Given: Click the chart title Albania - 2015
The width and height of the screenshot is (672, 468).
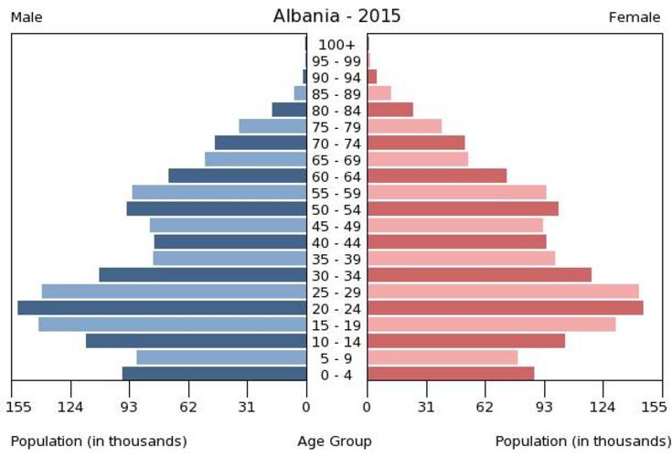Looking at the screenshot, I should click(336, 16).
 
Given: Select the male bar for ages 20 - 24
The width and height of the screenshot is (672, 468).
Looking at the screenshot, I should click(162, 308).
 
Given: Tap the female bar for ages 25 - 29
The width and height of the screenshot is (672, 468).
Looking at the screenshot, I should click(503, 292).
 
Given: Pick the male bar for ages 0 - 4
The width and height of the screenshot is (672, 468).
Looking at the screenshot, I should click(214, 374).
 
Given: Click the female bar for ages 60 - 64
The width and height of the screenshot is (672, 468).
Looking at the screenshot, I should click(437, 175).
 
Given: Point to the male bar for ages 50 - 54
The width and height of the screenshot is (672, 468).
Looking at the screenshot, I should click(216, 208).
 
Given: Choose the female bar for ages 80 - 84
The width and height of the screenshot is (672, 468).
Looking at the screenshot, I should click(390, 110).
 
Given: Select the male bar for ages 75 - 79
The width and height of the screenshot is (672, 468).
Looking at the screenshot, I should click(272, 126).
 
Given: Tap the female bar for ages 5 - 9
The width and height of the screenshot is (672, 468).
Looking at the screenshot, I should click(443, 357).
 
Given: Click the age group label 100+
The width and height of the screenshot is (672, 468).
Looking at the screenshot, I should click(336, 44).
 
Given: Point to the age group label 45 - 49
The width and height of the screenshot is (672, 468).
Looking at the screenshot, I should click(336, 226).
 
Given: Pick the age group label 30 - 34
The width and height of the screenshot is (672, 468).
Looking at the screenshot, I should click(336, 275).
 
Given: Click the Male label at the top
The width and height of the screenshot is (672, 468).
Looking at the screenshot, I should click(27, 17).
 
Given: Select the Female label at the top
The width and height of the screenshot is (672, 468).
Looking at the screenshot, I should click(635, 17).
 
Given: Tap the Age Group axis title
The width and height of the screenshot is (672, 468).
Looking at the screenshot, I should click(335, 441).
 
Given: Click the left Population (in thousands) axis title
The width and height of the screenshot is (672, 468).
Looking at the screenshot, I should click(99, 441).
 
